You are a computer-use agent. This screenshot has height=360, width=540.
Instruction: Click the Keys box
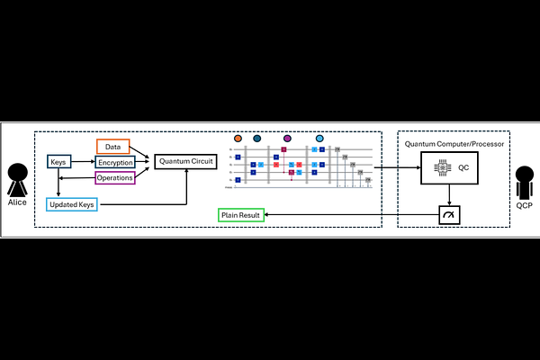(x=59, y=162)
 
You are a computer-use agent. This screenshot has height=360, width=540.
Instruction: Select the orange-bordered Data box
(x=113, y=146)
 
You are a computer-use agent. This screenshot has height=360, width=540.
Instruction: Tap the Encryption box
(x=116, y=162)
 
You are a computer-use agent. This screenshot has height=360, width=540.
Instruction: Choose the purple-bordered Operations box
(x=116, y=177)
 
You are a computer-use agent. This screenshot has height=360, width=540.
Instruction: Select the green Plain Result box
(x=240, y=215)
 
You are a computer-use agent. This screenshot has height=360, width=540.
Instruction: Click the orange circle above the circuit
(x=238, y=139)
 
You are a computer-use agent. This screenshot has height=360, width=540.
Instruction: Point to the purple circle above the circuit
(x=287, y=139)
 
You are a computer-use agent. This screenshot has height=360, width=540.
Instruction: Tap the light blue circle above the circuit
(x=319, y=139)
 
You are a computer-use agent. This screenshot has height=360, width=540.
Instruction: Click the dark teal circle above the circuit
(x=257, y=139)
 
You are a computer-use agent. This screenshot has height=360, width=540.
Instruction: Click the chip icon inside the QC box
(x=445, y=168)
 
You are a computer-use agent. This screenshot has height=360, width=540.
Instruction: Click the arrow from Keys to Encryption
(x=83, y=162)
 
